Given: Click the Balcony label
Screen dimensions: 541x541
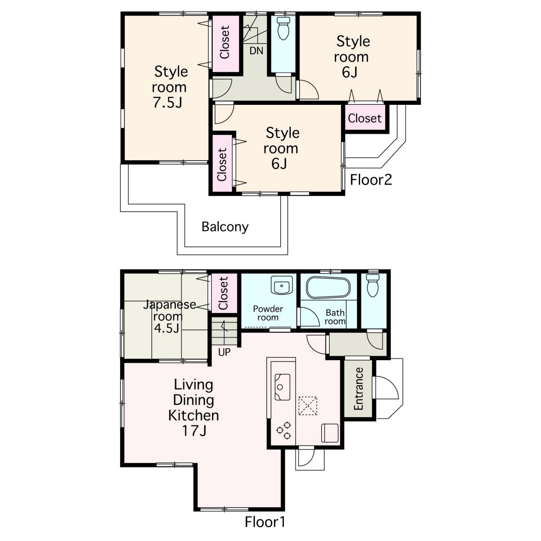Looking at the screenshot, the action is [x=225, y=227].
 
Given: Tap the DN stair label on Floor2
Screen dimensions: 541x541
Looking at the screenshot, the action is [x=256, y=51].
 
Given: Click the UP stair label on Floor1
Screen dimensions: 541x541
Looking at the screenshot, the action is [x=224, y=352].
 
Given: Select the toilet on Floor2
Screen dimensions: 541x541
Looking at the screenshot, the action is [x=283, y=28].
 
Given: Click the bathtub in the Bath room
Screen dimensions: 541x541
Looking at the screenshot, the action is [x=328, y=288].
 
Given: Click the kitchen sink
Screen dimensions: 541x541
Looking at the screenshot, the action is [x=282, y=387].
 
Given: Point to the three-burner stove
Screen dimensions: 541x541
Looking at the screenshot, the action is [x=284, y=431].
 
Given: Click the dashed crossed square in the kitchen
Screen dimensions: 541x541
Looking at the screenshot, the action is [x=307, y=405].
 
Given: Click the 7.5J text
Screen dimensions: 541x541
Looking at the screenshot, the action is [x=168, y=102].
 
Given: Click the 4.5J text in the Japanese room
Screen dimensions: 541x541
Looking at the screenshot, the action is [x=167, y=328].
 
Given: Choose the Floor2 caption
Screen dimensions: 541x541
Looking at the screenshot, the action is [x=371, y=180].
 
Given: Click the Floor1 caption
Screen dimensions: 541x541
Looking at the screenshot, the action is [x=265, y=522].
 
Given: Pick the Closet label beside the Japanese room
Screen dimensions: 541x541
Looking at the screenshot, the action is [x=224, y=293].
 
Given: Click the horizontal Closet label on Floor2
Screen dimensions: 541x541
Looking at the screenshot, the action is [x=364, y=118].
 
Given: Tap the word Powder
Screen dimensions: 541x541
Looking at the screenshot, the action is [x=268, y=309].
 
